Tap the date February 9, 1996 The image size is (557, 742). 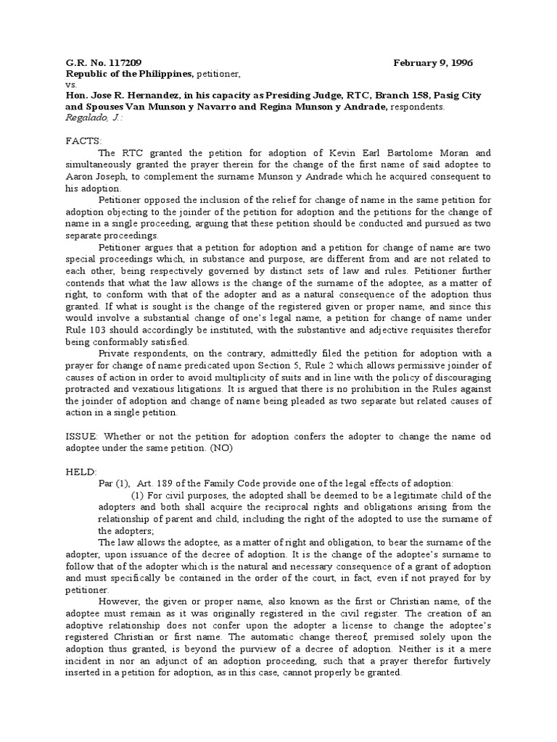[432, 63]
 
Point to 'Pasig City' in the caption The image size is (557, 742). [461, 96]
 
